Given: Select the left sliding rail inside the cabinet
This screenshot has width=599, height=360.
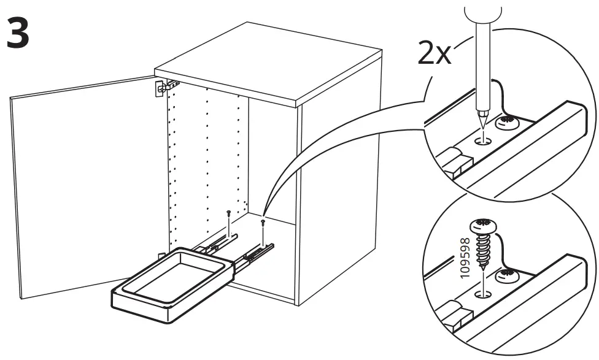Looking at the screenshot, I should pyautogui.click(x=212, y=245).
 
